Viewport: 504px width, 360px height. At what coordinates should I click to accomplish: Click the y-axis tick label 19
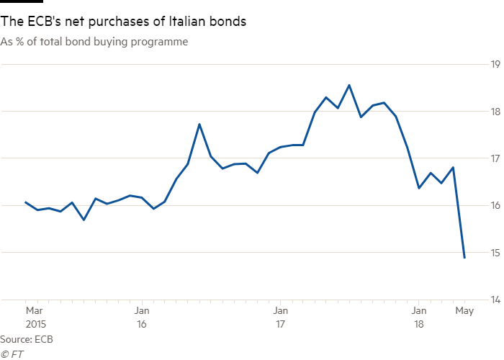tap(495, 65)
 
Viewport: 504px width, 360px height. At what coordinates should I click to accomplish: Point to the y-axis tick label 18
tap(495, 112)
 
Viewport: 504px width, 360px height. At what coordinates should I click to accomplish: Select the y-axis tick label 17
tap(495, 158)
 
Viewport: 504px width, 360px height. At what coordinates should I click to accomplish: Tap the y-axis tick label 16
tap(495, 205)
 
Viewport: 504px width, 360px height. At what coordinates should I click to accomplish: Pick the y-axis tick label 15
tap(495, 252)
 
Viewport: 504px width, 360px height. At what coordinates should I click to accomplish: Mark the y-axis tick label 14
tap(495, 299)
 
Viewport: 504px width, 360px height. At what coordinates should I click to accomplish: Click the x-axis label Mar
tap(34, 311)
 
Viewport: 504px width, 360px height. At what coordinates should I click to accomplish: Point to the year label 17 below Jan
tap(279, 324)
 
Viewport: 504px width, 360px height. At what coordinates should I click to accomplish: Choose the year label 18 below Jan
tap(418, 324)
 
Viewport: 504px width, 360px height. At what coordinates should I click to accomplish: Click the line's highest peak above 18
tap(349, 85)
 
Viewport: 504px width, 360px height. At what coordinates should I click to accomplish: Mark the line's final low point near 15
tap(464, 257)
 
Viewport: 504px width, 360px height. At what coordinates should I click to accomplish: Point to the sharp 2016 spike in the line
tap(199, 125)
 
